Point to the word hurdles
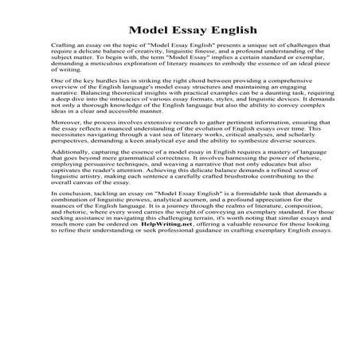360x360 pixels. pyautogui.click(x=110, y=83)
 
